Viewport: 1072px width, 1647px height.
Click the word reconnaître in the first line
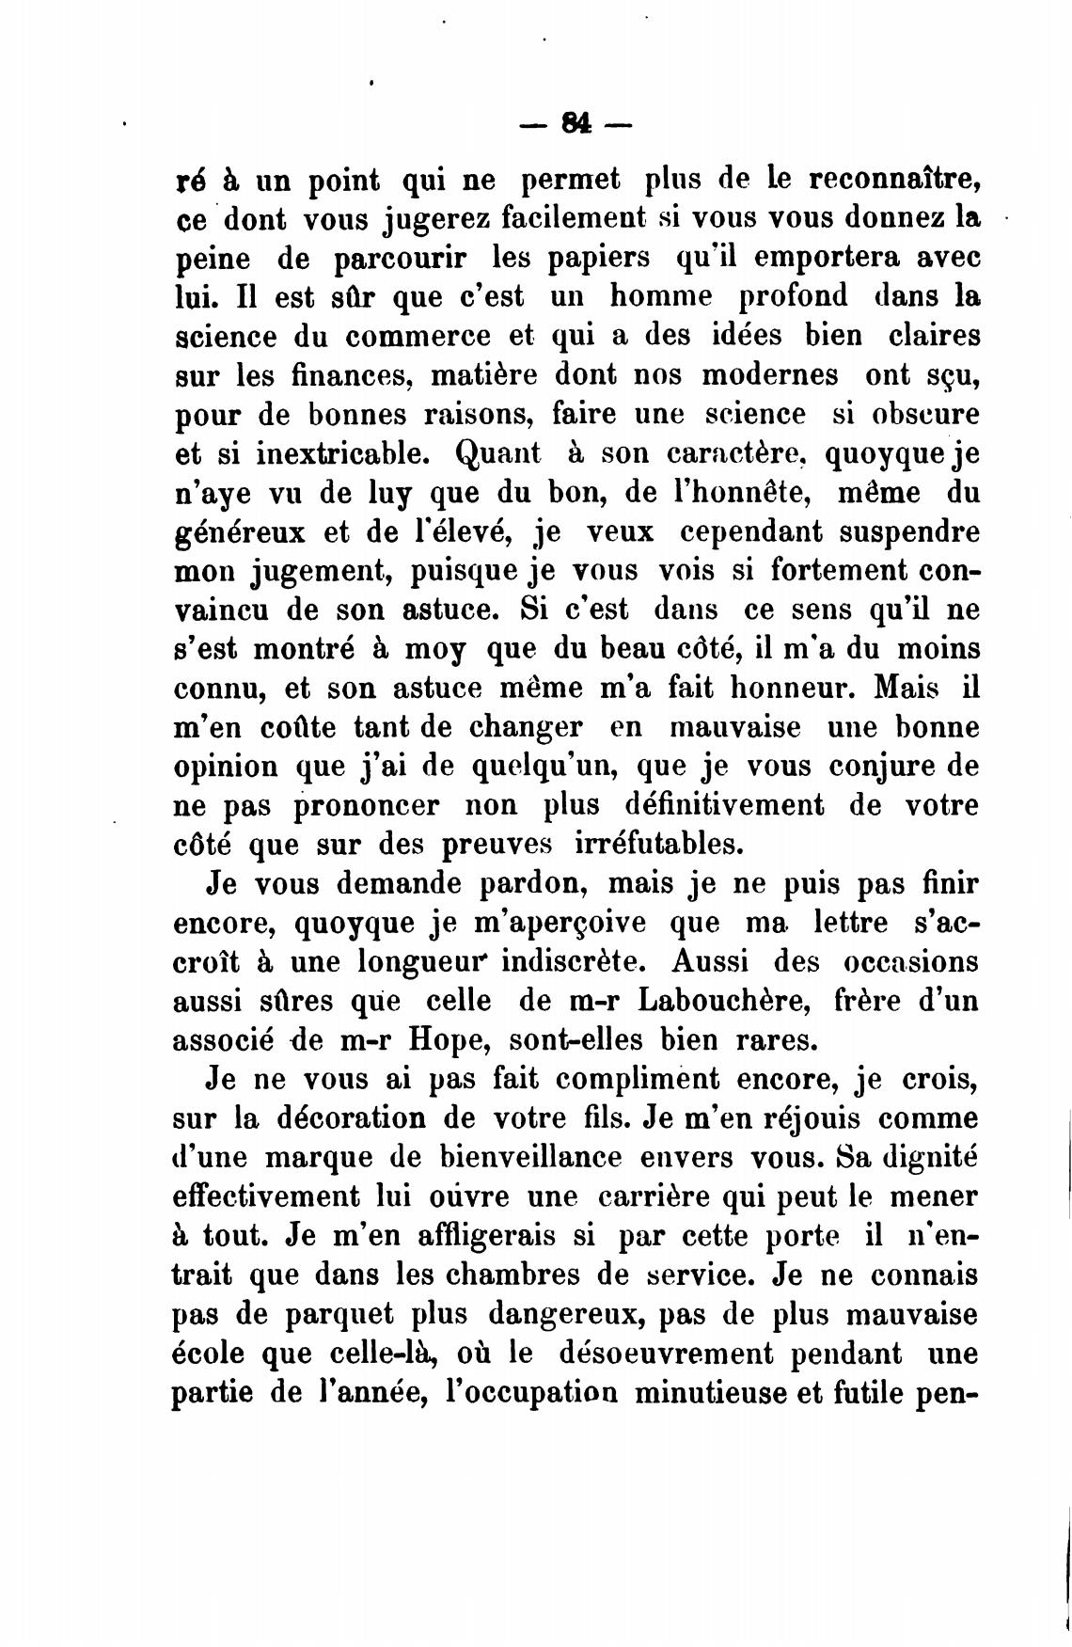(x=875, y=179)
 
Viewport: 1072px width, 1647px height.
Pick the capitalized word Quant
(x=498, y=454)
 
